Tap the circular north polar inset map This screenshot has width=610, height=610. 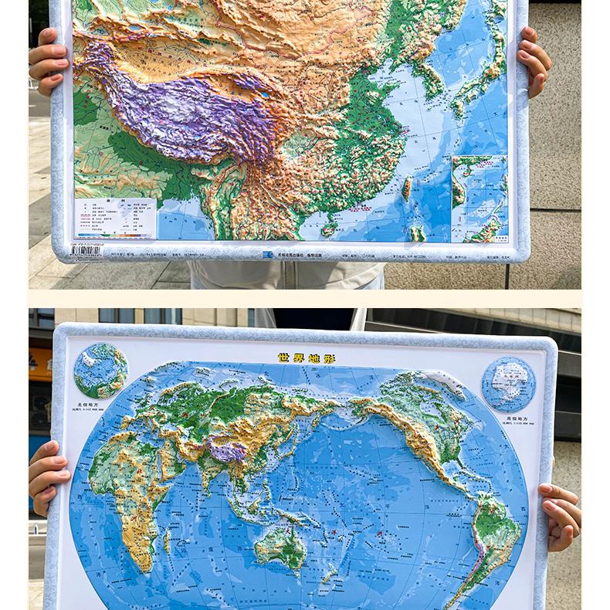[x=100, y=371]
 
